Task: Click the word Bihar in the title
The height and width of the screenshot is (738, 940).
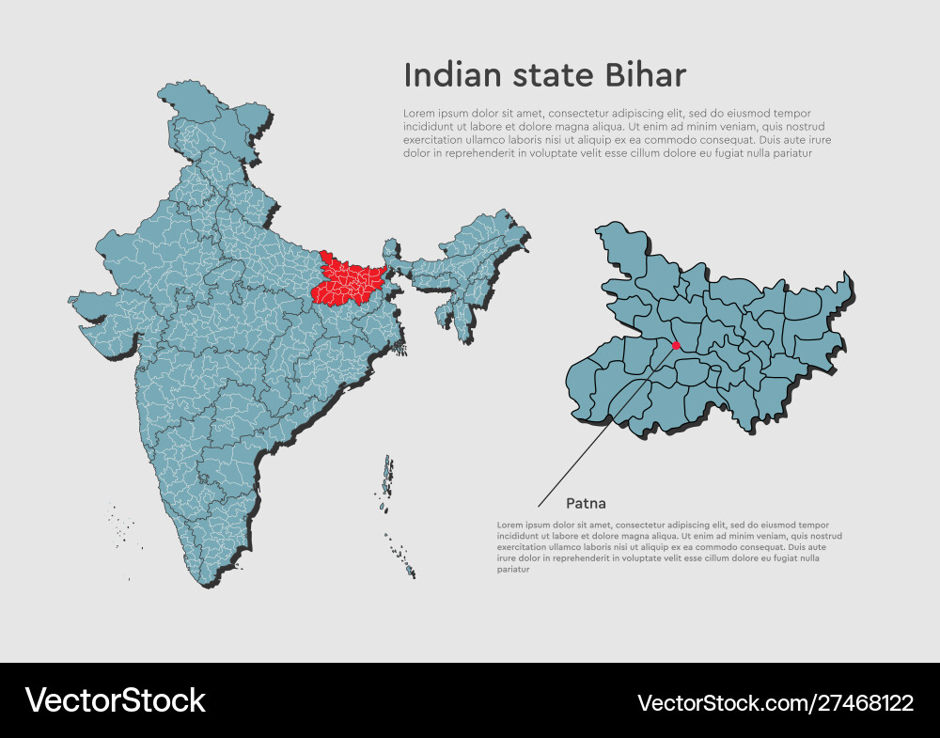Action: tap(648, 75)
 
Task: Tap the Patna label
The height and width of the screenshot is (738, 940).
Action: tap(586, 504)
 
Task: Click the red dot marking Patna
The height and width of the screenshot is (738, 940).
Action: tap(676, 345)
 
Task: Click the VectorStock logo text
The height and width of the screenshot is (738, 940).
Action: tap(115, 700)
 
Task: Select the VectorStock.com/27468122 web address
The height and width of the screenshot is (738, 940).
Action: tap(775, 702)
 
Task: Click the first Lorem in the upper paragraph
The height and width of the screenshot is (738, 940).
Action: tap(417, 113)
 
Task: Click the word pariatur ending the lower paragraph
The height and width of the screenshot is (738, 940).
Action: tap(513, 569)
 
